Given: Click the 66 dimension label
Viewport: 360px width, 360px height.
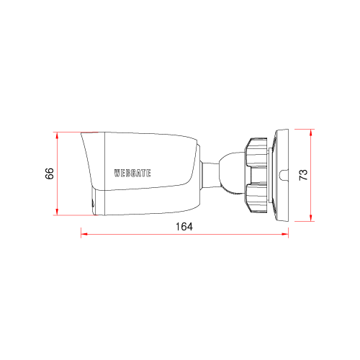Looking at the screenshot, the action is tap(49, 174).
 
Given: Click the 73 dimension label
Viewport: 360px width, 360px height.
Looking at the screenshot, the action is tap(303, 175).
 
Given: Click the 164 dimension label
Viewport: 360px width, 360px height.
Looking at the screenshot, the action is tap(184, 227).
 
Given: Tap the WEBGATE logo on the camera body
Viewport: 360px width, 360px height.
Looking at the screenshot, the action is tap(132, 173).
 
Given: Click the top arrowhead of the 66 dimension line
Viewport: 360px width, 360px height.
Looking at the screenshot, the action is tap(57, 135).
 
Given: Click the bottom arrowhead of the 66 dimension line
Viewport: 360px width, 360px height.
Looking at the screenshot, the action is tap(57, 212).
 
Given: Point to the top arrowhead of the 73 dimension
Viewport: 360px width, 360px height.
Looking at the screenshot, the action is tap(311, 132).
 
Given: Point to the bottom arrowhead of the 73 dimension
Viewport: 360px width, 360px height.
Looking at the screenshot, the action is tap(311, 217).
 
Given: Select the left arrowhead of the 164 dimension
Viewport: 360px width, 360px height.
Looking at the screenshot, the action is tap(84, 234).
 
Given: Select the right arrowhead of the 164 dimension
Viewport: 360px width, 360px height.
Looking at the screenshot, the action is tap(284, 234).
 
